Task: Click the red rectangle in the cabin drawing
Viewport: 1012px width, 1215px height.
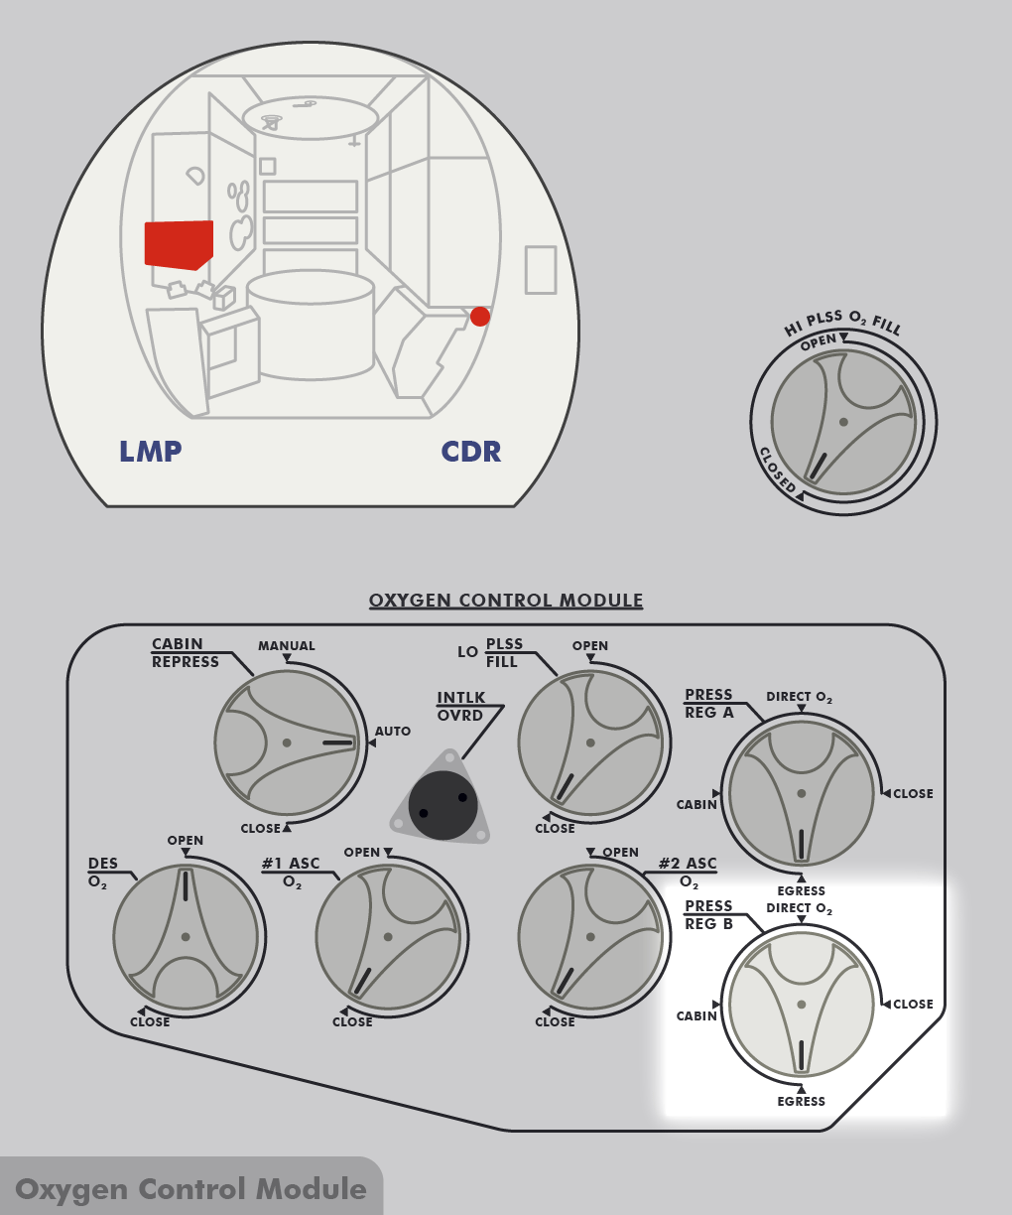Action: tap(179, 244)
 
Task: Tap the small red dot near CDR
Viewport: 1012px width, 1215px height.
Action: tap(480, 317)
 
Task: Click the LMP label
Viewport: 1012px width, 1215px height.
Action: tap(151, 452)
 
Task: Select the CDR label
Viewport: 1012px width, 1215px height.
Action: tap(471, 452)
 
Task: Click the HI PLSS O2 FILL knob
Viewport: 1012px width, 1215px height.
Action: tap(843, 422)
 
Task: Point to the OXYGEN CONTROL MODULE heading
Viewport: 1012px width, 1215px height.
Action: tap(506, 601)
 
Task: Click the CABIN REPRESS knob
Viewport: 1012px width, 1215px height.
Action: tap(287, 742)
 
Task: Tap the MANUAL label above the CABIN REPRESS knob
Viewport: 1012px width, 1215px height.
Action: tap(287, 646)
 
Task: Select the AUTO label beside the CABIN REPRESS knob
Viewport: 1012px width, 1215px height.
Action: tap(393, 732)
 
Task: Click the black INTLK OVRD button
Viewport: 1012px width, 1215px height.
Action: tap(443, 805)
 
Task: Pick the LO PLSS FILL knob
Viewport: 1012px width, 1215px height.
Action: tap(590, 742)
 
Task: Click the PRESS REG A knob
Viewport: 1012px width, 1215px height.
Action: tap(801, 793)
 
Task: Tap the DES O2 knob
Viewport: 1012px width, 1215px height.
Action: tap(186, 936)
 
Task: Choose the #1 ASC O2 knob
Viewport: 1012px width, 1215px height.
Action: tap(388, 936)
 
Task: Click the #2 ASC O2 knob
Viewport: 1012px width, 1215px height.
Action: tap(590, 936)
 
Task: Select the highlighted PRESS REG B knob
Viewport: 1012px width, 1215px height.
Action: tap(801, 1004)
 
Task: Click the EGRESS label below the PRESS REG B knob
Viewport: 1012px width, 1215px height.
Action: tap(802, 1102)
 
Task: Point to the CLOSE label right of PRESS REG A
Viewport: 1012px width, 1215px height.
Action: tap(913, 794)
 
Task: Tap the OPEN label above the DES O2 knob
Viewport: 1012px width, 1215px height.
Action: tap(186, 841)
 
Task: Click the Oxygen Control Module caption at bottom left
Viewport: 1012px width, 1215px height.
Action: tap(190, 1189)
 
